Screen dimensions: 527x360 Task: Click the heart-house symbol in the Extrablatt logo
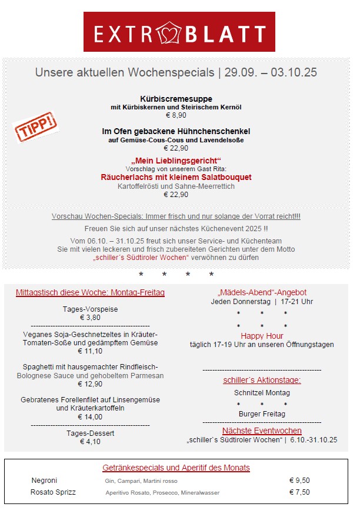click(170, 33)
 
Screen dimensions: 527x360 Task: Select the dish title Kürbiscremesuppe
click(176, 99)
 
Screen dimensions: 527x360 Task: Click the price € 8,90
click(176, 115)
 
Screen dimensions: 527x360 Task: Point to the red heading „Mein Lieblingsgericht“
click(176, 161)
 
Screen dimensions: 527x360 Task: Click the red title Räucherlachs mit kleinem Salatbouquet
click(176, 177)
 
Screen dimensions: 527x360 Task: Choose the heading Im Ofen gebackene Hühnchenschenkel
click(176, 131)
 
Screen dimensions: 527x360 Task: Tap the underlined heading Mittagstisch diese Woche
click(90, 292)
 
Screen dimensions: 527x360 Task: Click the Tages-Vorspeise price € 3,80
click(90, 318)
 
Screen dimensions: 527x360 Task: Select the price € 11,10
click(90, 351)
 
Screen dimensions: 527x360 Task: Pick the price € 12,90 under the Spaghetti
click(90, 384)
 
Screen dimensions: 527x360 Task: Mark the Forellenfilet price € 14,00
click(90, 416)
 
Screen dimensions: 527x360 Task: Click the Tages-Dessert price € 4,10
click(90, 442)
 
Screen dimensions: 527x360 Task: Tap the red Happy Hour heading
click(262, 336)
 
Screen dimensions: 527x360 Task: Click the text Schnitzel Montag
click(262, 392)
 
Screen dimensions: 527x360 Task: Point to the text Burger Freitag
click(262, 413)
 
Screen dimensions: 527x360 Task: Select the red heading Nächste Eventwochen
click(262, 431)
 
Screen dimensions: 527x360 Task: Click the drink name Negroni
click(44, 481)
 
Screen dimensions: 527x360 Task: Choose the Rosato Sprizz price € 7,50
click(299, 492)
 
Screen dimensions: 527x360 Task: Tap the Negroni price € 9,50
click(299, 481)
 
